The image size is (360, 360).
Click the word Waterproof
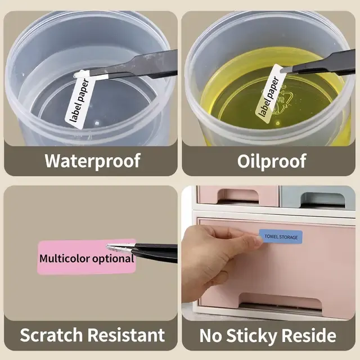[92, 160]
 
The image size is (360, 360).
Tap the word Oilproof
[272, 161]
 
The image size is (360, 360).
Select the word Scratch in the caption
[51, 335]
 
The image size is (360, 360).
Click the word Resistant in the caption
[126, 335]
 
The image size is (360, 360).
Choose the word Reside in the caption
[309, 335]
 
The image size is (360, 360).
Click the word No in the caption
[211, 335]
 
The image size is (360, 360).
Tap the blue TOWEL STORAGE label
[281, 236]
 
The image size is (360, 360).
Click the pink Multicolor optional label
[87, 257]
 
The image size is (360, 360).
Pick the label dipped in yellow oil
[270, 94]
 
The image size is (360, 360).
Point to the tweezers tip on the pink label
[107, 247]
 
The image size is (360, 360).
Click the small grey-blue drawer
[318, 198]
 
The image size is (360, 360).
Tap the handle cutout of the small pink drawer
[238, 197]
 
